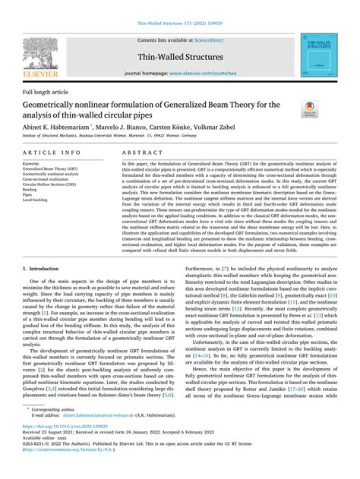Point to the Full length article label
pyautogui.click(x=44, y=94)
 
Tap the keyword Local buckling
pyautogui.click(x=38, y=200)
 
